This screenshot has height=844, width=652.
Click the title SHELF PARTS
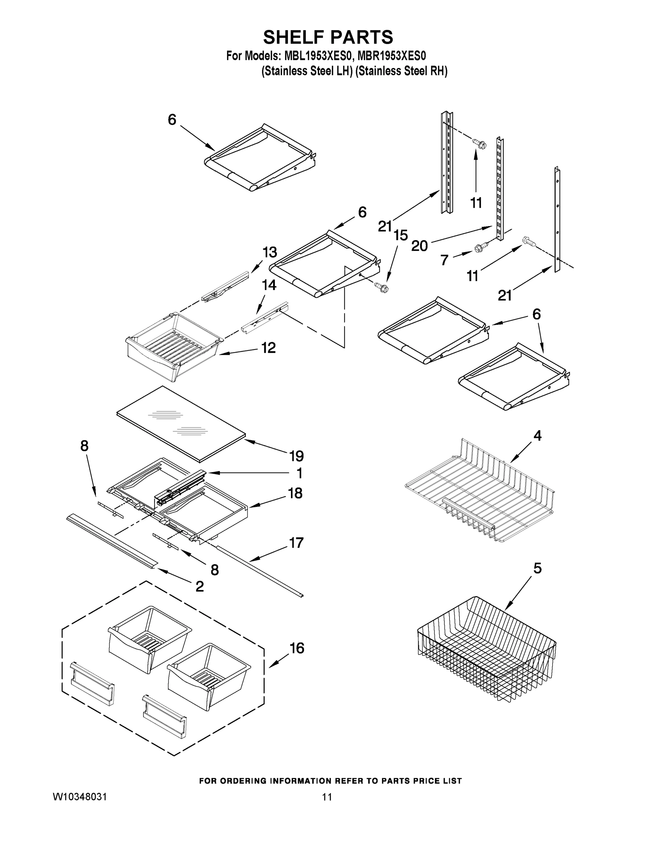pos(328,38)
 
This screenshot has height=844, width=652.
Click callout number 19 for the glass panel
pos(296,456)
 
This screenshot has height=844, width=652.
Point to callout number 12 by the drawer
pos(269,348)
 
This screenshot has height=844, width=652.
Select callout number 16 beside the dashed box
pos(297,648)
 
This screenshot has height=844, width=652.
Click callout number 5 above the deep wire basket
pos(537,568)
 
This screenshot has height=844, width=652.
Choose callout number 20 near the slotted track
pos(419,246)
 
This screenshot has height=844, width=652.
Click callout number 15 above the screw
pos(401,235)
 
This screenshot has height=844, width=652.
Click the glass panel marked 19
pos(181,423)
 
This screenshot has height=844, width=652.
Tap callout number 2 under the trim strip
pos(199,587)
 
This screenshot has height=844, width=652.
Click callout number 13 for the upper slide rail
pos(270,252)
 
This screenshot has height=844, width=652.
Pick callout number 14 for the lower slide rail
pos(269,285)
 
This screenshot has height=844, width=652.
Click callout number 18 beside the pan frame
pos(296,493)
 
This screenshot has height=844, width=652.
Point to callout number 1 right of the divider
pos(299,473)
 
